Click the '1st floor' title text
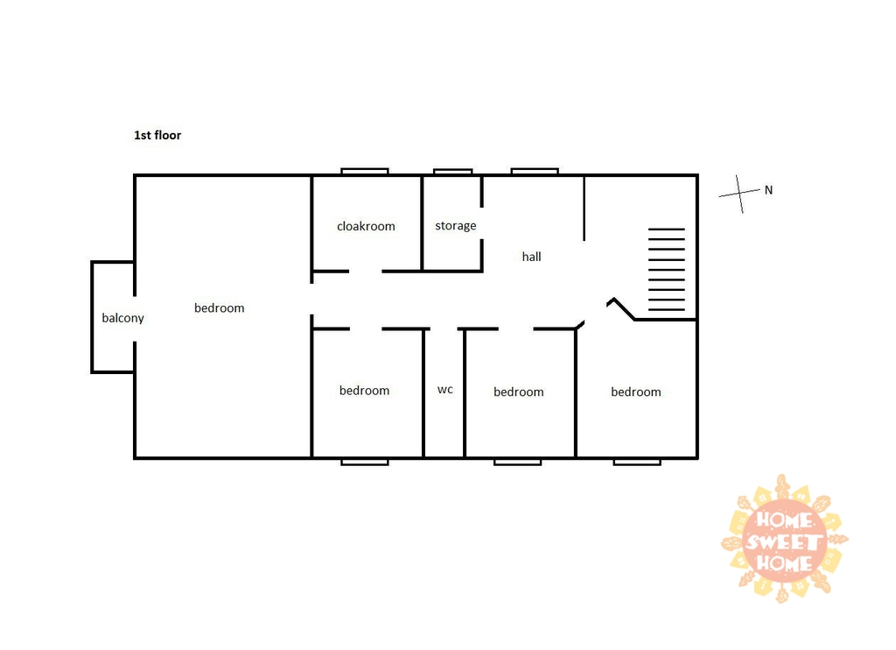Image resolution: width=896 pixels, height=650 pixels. tap(157, 135)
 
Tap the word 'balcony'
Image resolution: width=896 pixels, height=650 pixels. tap(122, 318)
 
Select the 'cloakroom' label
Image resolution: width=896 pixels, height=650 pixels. tap(366, 226)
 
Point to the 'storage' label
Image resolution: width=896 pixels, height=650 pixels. tap(455, 226)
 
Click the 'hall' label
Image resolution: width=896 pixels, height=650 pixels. tap(531, 257)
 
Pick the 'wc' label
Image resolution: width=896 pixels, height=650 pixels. tap(445, 390)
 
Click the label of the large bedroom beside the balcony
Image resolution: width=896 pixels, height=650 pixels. tap(220, 307)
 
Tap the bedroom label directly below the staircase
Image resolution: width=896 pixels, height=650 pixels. tap(636, 392)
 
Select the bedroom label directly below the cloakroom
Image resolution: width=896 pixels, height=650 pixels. tap(365, 391)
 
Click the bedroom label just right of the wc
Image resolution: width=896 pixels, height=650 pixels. tap(519, 392)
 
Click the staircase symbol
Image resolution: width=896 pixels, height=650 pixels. tap(666, 270)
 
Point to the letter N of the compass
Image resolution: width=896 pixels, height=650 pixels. tap(768, 190)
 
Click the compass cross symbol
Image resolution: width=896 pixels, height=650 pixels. tap(739, 194)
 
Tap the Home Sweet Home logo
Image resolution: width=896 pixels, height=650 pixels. tap(785, 539)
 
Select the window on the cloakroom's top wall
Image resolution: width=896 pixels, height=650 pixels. tap(365, 171)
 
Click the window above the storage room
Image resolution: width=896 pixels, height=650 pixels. tap(452, 171)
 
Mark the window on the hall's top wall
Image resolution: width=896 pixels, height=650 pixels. tap(535, 171)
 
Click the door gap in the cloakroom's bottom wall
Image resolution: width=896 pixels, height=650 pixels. tap(366, 272)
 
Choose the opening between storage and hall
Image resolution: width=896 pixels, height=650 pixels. tap(482, 223)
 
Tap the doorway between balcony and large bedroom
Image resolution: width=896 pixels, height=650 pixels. tap(135, 319)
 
